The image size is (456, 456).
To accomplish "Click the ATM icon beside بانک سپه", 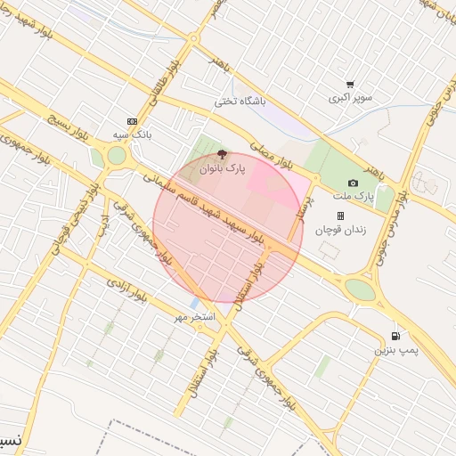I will tap(133, 121).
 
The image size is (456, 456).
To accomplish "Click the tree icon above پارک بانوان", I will tap(222, 154).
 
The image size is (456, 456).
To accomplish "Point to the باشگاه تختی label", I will tap(240, 102).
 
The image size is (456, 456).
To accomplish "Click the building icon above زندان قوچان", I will tap(339, 216).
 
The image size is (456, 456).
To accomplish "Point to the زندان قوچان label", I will tap(338, 229).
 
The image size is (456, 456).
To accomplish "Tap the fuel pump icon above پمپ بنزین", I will tap(395, 336).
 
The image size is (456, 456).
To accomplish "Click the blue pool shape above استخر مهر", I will tap(193, 304).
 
